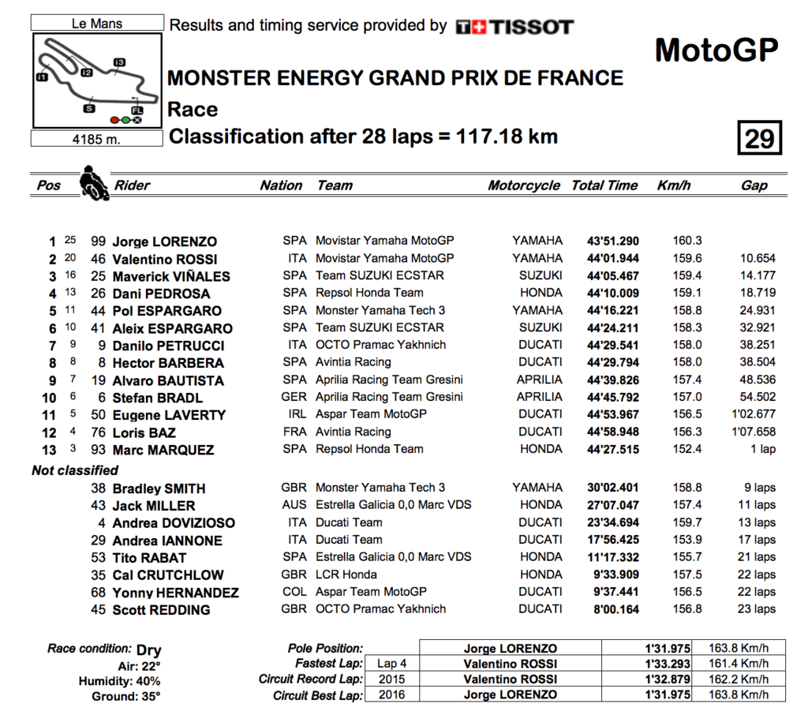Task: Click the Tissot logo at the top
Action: tap(514, 27)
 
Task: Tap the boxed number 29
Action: tap(759, 139)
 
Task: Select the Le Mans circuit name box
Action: tap(97, 24)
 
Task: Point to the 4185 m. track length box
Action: tap(97, 139)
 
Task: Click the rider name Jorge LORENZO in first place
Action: tap(164, 241)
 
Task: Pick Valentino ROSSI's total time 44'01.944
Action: tap(612, 259)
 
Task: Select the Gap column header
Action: tap(754, 185)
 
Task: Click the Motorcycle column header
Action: tap(524, 185)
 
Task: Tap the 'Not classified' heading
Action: tap(75, 470)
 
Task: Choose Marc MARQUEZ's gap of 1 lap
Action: tap(762, 450)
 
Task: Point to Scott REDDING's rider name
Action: tap(161, 610)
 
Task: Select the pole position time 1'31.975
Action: tap(668, 649)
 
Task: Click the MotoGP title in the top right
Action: tap(716, 51)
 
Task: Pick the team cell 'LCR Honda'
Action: tap(346, 574)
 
